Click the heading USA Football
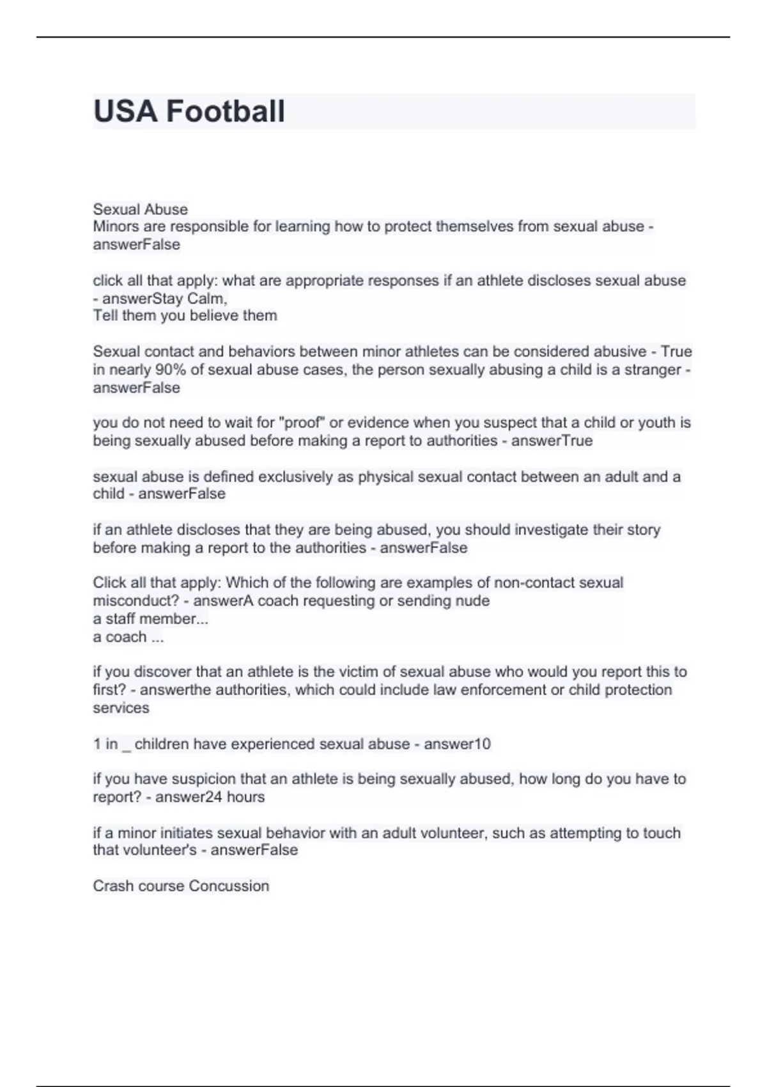[x=189, y=111]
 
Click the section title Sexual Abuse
[x=140, y=209]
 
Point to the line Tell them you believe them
[x=185, y=315]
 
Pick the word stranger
[x=652, y=370]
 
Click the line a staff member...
[x=150, y=618]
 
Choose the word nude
[x=474, y=600]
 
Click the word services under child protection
[x=121, y=708]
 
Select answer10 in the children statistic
[x=457, y=744]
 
